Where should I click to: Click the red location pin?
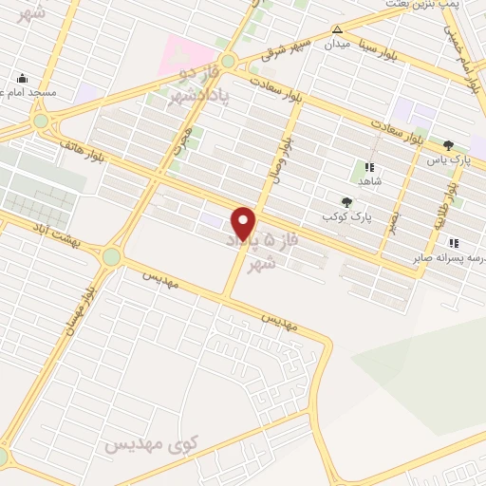point(245,222)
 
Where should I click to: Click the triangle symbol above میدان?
point(337,29)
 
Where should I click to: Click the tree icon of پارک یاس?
point(449,145)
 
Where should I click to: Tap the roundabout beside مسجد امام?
point(41,121)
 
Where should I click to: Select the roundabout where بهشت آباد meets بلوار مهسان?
point(112,255)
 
